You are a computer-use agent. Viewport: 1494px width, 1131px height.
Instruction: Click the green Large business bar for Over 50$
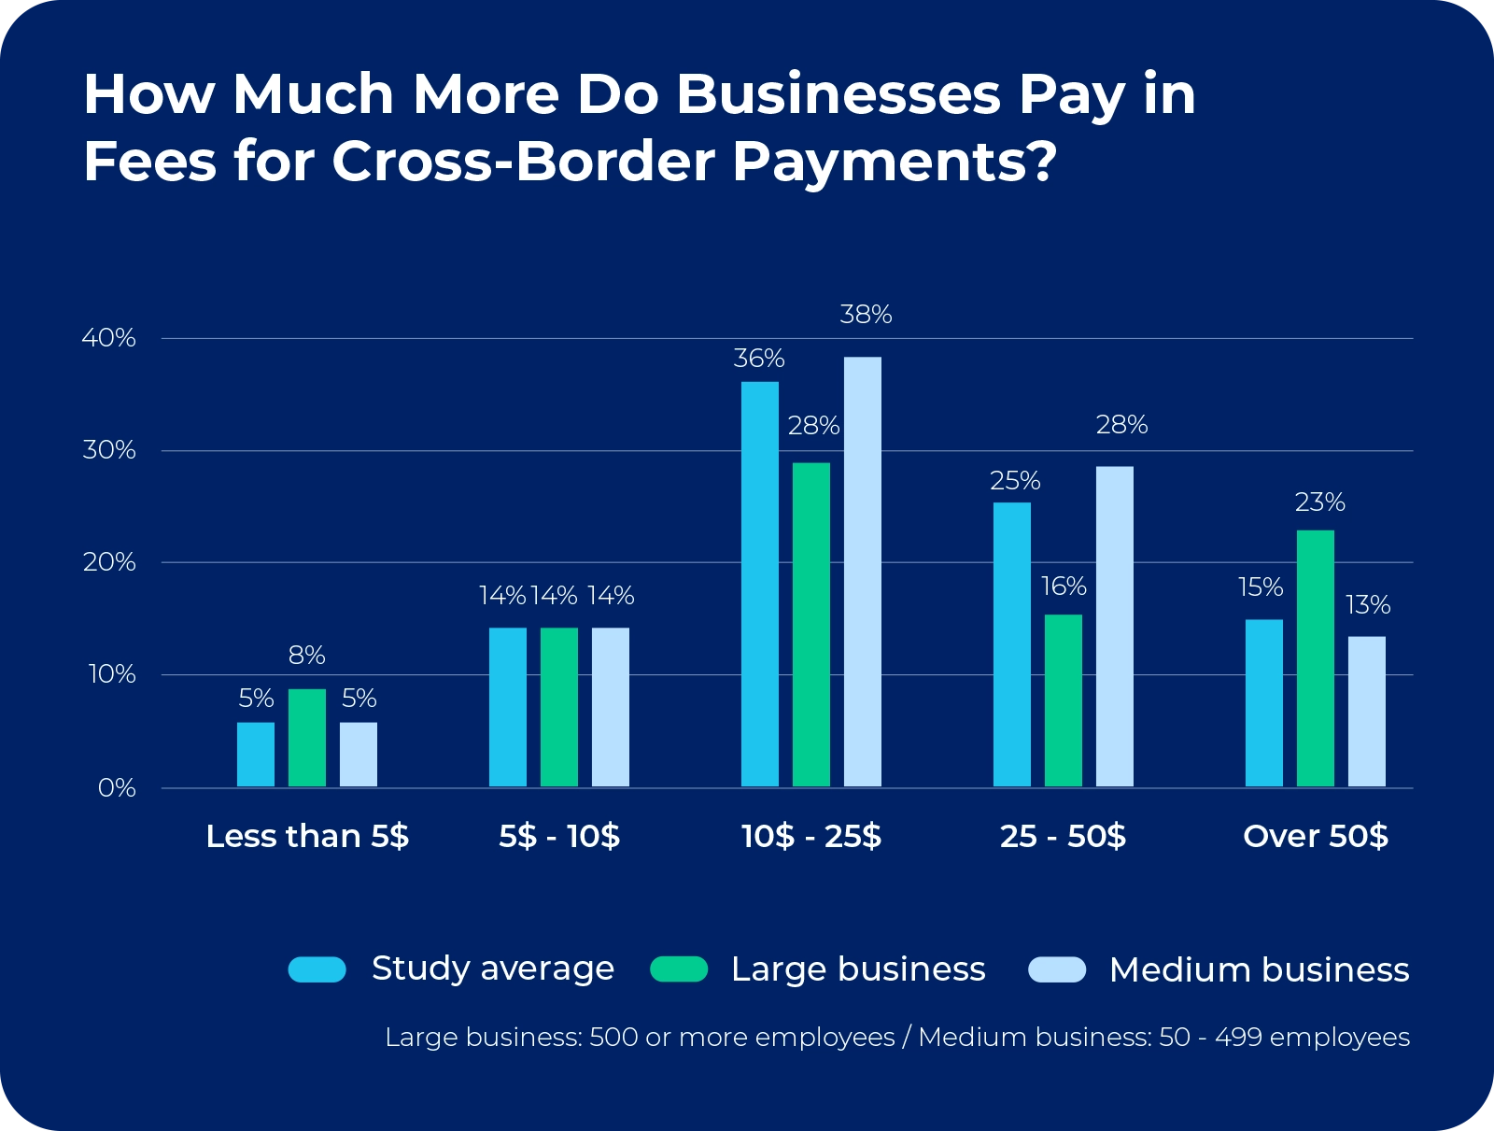pos(1315,658)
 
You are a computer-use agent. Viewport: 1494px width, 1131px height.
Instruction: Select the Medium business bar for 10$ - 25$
pos(862,572)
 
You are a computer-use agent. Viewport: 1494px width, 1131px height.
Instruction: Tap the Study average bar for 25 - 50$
pos(1011,644)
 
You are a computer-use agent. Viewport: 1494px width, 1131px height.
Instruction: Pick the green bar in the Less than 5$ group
pos(306,738)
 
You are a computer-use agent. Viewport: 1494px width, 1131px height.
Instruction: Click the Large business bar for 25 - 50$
pos(1063,700)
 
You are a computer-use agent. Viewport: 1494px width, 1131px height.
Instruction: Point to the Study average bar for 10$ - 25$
pos(759,584)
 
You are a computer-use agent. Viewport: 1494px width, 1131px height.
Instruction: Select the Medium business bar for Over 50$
pos(1366,712)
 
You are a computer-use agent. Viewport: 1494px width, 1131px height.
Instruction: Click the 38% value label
pos(866,316)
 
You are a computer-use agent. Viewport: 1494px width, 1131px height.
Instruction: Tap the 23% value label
pos(1319,503)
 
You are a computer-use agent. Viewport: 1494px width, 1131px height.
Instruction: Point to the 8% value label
pos(306,656)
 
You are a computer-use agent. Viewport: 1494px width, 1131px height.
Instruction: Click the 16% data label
pos(1064,587)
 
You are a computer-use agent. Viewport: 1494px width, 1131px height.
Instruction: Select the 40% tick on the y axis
pos(109,338)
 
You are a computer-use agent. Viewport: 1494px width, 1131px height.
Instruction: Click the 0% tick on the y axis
pos(117,788)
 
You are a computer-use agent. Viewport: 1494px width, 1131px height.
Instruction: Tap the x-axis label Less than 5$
pos(307,836)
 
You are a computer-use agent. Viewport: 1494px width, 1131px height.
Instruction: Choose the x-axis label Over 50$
pos(1315,836)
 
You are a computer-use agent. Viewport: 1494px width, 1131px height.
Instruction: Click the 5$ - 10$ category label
pos(558,836)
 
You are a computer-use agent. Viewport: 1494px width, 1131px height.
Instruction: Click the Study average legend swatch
pos(317,969)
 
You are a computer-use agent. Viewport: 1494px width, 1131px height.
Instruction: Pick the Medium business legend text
pos(1259,970)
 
